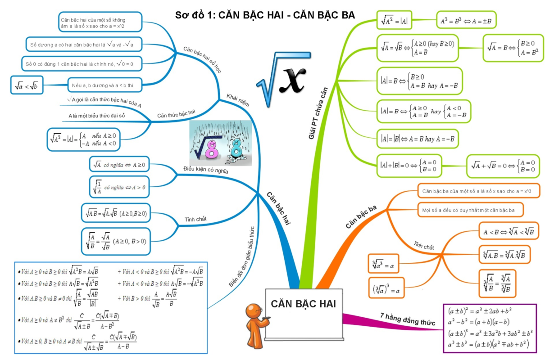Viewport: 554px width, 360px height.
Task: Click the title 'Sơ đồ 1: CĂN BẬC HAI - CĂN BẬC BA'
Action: point(265,15)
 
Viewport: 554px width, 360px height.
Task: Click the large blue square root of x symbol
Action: point(282,74)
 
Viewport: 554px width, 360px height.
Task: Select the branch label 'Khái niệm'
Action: point(238,99)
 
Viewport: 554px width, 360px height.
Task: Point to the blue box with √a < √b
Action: point(27,85)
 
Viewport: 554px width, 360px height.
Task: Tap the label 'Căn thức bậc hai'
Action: point(176,115)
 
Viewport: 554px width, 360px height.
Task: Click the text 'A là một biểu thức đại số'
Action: point(97,116)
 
